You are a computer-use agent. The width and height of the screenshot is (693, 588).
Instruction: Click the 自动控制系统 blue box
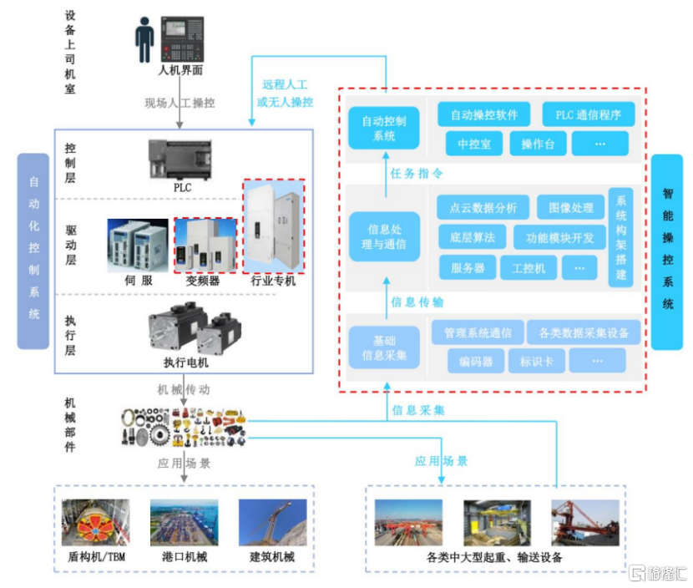384,129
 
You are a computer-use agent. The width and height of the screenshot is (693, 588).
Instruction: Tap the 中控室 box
474,144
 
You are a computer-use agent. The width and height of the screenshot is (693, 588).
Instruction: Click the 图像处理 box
565,208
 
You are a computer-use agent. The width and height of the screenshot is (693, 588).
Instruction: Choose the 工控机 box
528,267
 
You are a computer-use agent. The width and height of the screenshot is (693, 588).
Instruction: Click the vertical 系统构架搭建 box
621,238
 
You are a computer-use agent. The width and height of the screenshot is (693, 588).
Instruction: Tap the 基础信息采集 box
384,347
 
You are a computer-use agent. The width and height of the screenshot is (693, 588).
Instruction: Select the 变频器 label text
203,281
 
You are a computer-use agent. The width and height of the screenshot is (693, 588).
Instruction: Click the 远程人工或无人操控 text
286,94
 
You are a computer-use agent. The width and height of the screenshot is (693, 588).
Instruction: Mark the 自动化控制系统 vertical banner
34,248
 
